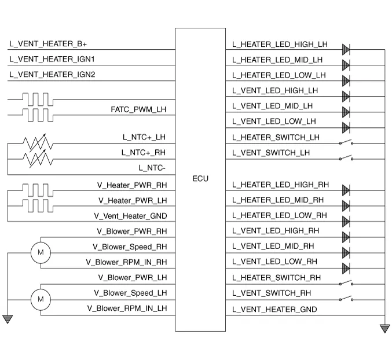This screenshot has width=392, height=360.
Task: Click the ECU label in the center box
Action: coord(200,179)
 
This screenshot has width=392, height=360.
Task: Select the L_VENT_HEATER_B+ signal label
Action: coord(48,44)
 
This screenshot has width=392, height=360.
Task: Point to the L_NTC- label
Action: coord(152,168)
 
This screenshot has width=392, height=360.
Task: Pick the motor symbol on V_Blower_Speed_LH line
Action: coord(41,299)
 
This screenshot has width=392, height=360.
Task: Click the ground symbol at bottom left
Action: coord(8,318)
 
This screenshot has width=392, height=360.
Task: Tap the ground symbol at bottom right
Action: coord(384,328)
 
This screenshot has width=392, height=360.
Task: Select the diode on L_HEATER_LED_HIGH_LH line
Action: coord(346,49)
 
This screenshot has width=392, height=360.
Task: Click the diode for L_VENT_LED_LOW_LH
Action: coord(346,127)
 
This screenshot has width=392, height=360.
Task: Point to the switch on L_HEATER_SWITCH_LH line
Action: coord(346,142)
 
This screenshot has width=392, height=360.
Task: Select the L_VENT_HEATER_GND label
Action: coord(274,310)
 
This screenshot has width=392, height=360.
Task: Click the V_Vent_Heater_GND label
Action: coord(130,215)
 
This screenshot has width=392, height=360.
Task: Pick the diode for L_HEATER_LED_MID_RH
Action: coord(346,205)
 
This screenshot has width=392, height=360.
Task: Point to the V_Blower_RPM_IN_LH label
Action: coord(126,308)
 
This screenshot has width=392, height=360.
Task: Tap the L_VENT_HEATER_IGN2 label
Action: coord(53,75)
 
